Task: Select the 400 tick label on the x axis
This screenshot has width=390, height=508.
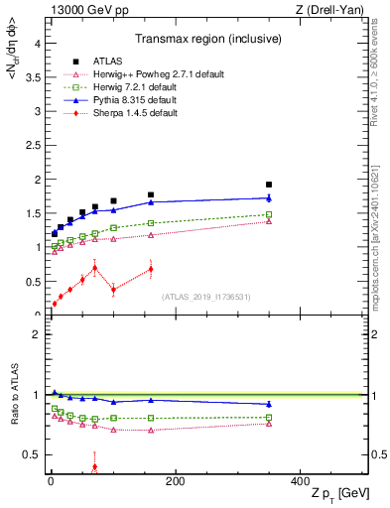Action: click(300, 480)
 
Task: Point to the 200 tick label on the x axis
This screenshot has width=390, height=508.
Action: click(175, 480)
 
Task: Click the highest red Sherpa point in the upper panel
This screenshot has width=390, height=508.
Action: click(95, 267)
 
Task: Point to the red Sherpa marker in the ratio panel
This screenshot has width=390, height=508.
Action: click(95, 466)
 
